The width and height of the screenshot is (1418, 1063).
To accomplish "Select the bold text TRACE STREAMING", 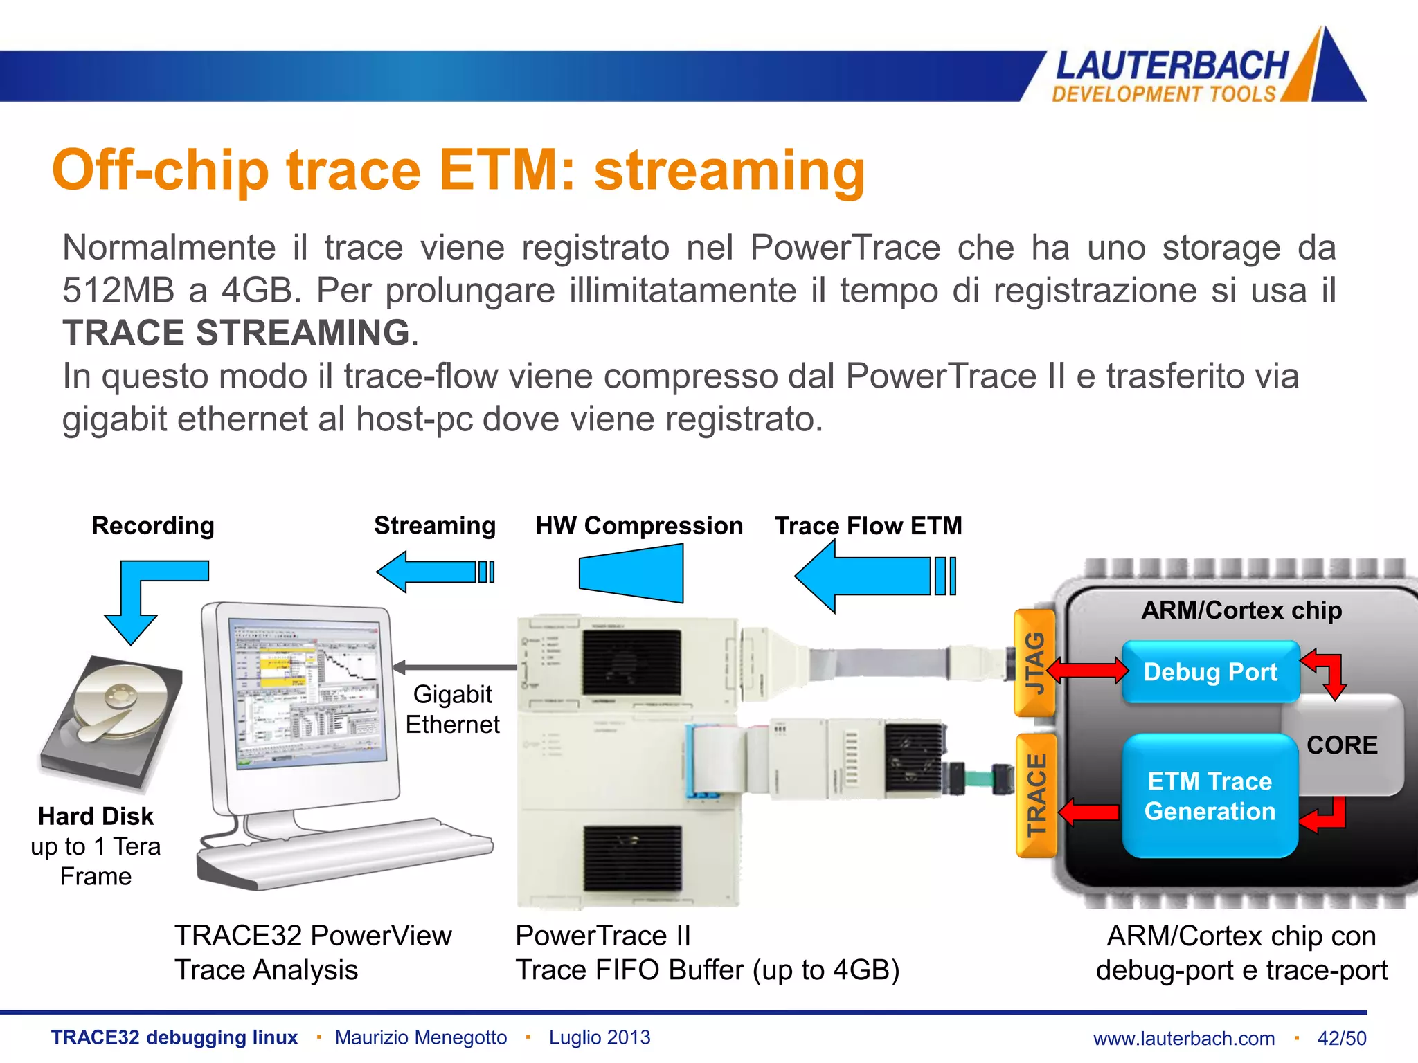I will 236,333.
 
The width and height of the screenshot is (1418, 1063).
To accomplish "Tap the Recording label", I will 153,526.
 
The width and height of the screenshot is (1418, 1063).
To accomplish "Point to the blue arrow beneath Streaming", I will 433,572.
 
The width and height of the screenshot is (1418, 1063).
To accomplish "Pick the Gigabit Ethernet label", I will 452,709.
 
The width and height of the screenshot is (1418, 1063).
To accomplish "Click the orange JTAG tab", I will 1034,663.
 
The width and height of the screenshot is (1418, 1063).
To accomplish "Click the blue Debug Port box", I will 1210,672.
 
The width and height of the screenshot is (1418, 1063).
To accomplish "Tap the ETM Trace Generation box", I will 1209,796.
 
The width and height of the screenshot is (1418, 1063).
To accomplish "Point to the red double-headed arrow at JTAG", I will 1087,671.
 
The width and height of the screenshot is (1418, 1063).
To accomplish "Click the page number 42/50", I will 1341,1038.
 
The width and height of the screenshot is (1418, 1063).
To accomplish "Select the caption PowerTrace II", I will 603,936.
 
